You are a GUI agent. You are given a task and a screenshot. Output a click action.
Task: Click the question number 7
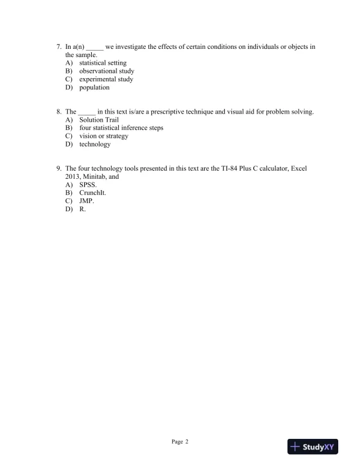tap(59, 46)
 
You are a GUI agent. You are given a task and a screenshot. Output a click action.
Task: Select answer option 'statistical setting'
tap(102, 63)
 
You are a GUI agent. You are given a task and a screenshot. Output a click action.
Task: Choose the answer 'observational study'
tap(106, 71)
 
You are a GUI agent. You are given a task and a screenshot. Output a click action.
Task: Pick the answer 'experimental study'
tap(106, 79)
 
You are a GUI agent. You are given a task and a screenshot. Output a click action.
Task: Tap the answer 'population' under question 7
tap(94, 88)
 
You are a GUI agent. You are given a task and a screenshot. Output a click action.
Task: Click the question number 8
tap(59, 111)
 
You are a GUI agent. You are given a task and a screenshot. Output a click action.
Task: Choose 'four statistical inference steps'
tap(121, 128)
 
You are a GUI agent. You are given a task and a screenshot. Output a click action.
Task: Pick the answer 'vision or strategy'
tap(104, 136)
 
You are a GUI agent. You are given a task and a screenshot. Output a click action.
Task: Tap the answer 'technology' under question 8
tap(95, 144)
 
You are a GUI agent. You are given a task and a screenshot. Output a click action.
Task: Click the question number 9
tap(59, 168)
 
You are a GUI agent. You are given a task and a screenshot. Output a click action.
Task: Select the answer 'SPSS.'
tap(88, 184)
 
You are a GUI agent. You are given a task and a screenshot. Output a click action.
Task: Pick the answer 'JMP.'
tap(86, 201)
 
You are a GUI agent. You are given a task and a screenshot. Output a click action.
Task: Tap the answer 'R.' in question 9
tap(82, 209)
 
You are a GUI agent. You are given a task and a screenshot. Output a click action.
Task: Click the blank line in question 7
tap(95, 47)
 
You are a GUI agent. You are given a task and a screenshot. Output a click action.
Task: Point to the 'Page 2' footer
tap(180, 441)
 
